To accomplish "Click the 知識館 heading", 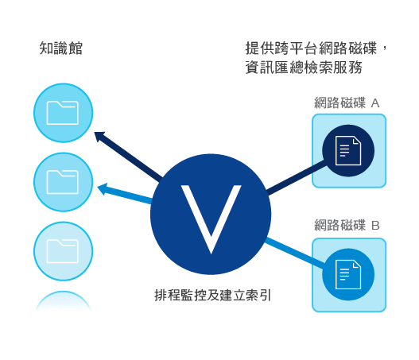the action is click(x=61, y=48).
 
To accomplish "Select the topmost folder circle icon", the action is click(x=64, y=113).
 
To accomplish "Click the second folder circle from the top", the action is click(x=64, y=182).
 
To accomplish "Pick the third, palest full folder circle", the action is click(x=64, y=251).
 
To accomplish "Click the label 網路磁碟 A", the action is click(x=347, y=103).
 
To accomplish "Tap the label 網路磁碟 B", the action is click(x=347, y=225).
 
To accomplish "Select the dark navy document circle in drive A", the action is click(x=348, y=151).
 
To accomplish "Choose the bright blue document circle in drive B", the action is click(x=348, y=274).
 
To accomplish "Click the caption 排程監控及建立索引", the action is click(x=213, y=296).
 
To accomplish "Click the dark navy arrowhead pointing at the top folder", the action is click(x=99, y=135).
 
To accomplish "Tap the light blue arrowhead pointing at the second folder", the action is click(x=103, y=188).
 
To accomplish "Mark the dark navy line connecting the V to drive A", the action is click(x=296, y=176).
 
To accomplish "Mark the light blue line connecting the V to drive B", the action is click(x=295, y=252).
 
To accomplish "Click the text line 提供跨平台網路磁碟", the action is click(x=311, y=48).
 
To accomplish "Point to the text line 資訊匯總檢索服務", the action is click(x=304, y=67).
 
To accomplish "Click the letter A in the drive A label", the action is click(x=375, y=103).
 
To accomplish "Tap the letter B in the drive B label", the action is click(x=375, y=226).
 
